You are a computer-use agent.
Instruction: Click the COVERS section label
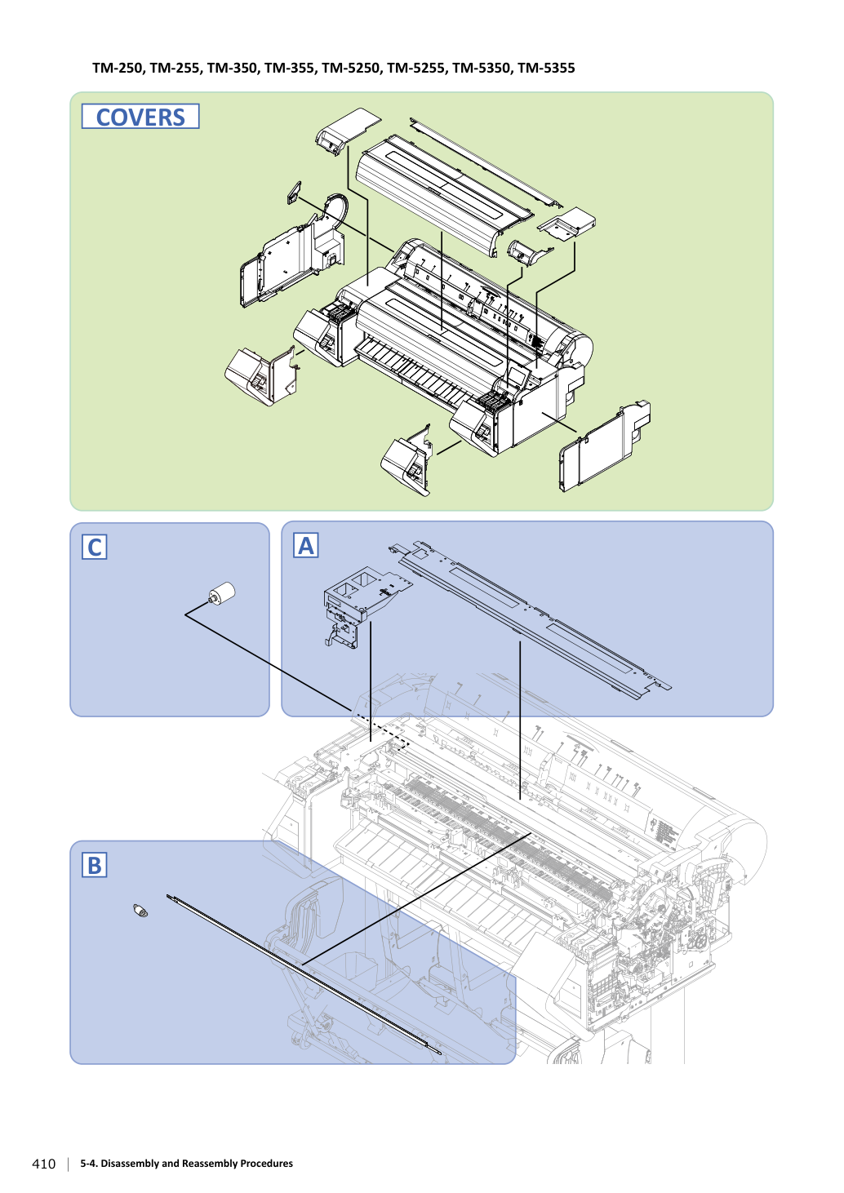(140, 117)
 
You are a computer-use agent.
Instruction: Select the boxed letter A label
(306, 545)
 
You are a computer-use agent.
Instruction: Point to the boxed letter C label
(95, 547)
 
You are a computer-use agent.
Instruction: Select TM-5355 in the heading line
(546, 69)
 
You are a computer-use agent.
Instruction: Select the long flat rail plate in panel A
(531, 620)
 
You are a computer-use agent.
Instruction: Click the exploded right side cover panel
(605, 446)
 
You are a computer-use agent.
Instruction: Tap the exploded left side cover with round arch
(294, 251)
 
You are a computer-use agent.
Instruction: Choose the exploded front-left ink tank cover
(260, 375)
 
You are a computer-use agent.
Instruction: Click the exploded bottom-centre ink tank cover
(406, 460)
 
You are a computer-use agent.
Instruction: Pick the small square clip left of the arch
(294, 193)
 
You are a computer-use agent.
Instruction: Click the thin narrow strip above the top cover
(486, 162)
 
